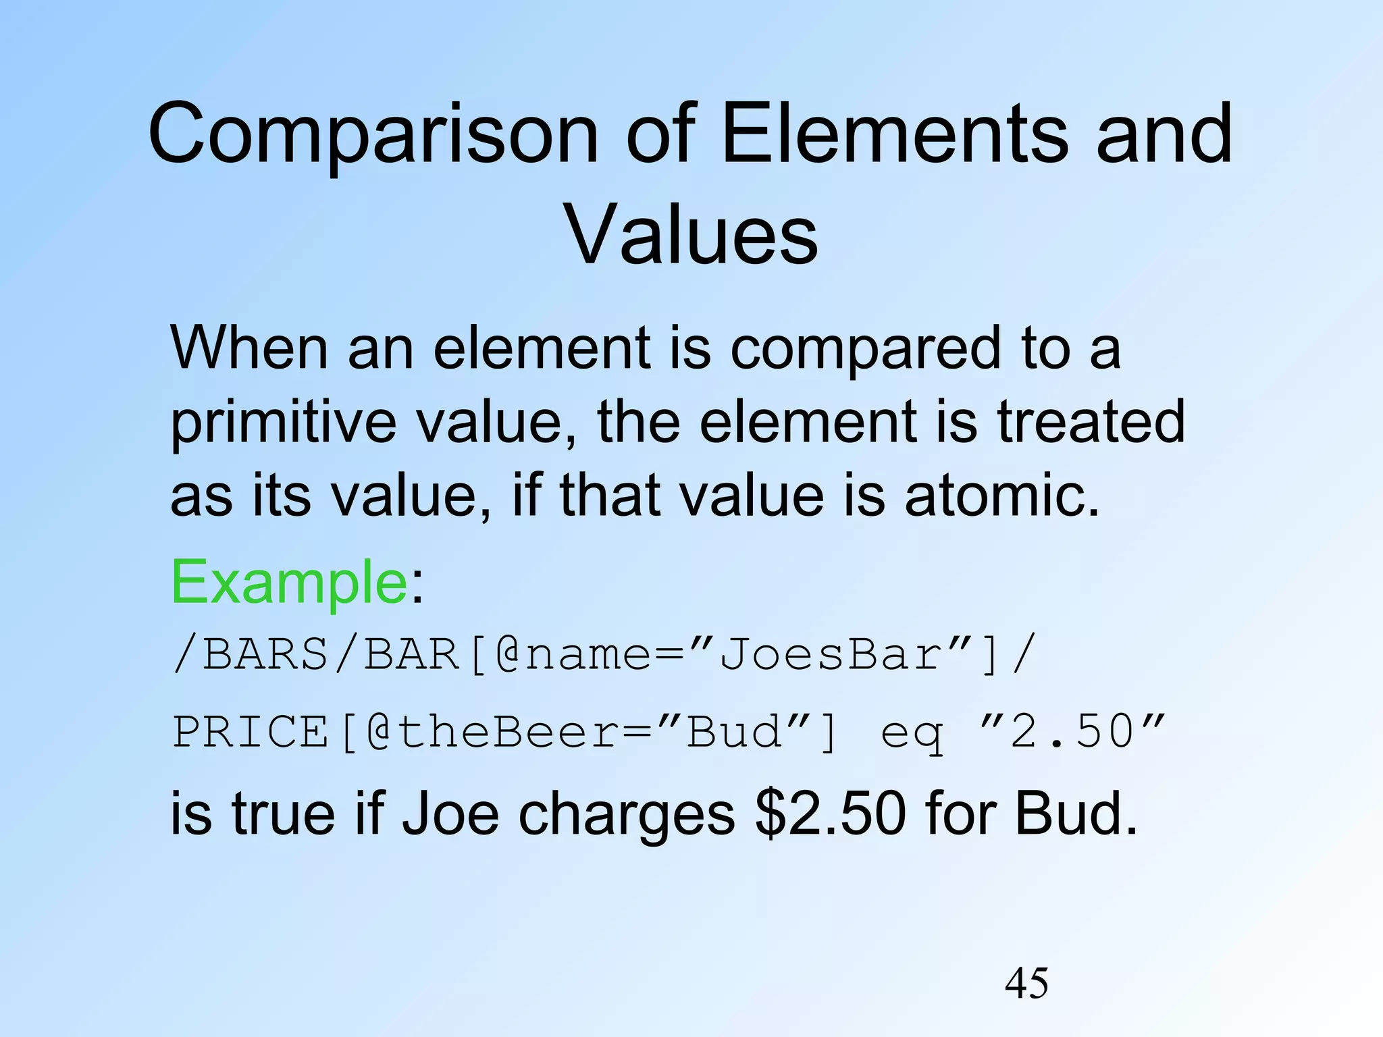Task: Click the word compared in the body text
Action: point(865,350)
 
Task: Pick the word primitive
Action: point(283,423)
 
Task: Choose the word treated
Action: point(1091,421)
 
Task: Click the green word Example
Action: point(289,582)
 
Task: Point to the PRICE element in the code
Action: point(250,732)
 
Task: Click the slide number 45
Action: point(1026,983)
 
